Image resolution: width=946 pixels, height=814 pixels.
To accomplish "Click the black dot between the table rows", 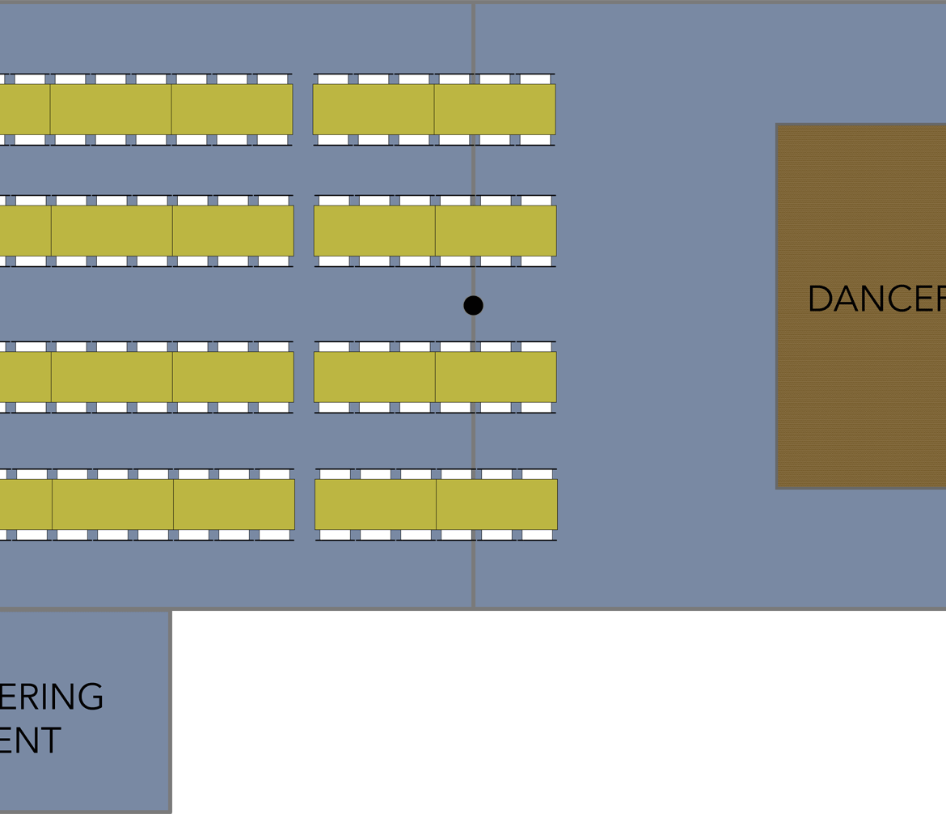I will pos(473,305).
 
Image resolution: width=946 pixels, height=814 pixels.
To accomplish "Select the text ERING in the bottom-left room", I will pos(52,697).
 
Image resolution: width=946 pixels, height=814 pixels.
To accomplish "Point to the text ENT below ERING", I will pos(31,740).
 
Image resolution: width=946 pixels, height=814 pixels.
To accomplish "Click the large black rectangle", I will pos(559,712).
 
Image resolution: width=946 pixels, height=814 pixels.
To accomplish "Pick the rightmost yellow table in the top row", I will pos(495,109).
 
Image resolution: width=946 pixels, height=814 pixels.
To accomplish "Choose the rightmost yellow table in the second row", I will pos(496,231).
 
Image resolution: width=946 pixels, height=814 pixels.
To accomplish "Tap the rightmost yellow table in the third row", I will pos(496,377).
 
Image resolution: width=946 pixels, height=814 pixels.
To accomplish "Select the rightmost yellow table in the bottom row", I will pos(496,505).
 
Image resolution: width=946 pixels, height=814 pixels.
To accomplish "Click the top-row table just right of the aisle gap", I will pos(374,109).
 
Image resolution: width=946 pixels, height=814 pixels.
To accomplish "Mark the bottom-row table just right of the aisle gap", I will pos(375,505).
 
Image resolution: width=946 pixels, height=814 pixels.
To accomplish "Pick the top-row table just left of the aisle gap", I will pos(232,109).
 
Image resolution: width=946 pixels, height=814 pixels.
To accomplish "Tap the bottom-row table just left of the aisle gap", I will pos(234,505).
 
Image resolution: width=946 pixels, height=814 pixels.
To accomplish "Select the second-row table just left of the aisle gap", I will pos(233,231).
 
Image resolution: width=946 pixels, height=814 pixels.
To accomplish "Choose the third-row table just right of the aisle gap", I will pos(374,377).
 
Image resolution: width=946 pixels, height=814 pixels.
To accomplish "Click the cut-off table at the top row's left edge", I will pos(24,109).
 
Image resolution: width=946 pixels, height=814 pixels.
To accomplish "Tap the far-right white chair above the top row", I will pos(535,78).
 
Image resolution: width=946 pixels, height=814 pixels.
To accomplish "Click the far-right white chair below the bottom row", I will pos(537,535).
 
